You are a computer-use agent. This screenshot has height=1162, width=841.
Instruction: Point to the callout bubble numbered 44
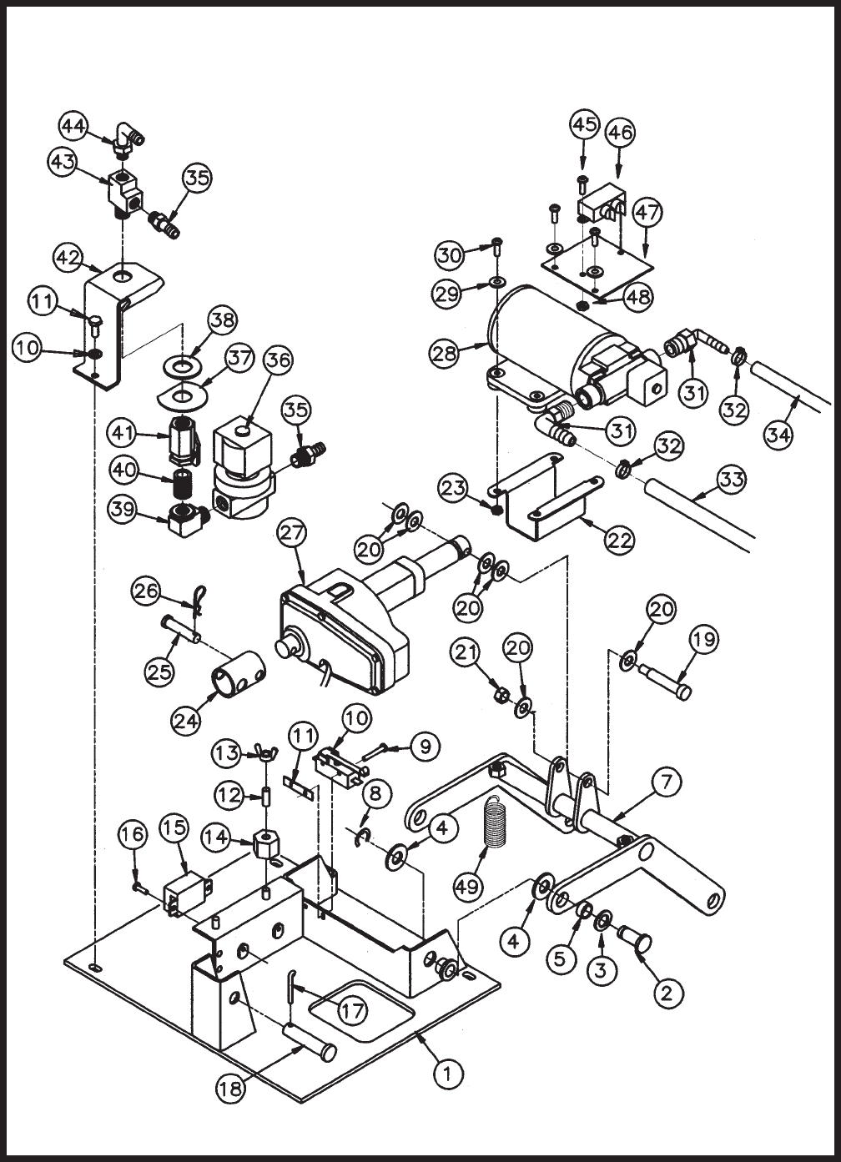pyautogui.click(x=74, y=126)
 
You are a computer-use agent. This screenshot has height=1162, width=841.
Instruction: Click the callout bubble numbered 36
pyautogui.click(x=279, y=360)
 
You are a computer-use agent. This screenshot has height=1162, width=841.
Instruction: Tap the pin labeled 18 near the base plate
pyautogui.click(x=309, y=1040)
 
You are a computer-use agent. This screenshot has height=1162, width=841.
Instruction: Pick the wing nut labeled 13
pyautogui.click(x=266, y=756)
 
